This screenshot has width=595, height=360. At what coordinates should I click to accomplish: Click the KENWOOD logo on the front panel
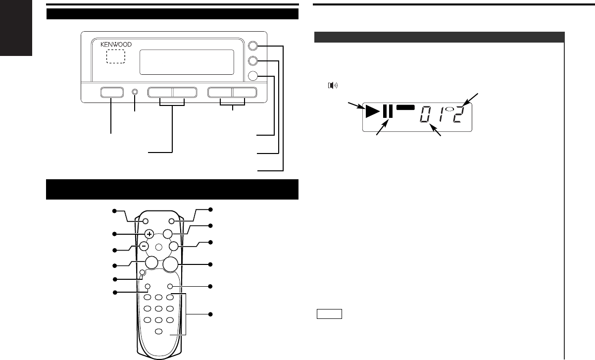pos(116,45)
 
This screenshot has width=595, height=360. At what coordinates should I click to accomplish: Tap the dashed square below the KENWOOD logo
pos(116,56)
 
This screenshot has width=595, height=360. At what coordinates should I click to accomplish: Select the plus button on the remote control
pos(149,234)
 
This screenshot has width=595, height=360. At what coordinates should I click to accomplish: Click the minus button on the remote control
pos(144,246)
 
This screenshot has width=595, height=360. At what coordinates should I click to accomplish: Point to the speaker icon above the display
pos(333,85)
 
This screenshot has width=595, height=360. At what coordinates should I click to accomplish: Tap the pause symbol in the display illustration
pos(388,111)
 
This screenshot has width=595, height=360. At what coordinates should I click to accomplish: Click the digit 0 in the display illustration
pos(426,114)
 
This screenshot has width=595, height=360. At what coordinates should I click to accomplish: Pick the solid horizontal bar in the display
pos(405,107)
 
